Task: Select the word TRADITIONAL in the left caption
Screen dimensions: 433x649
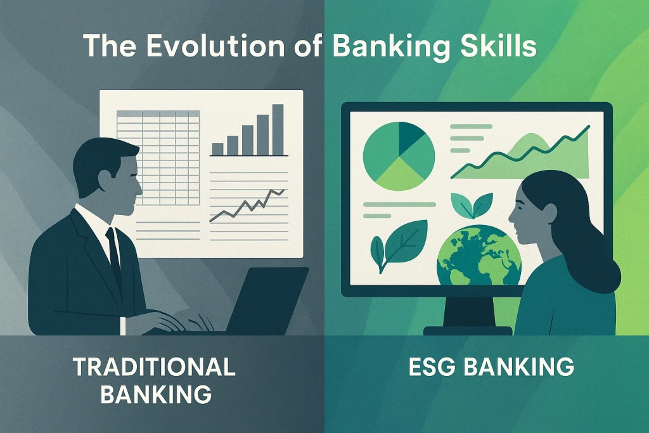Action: click(x=155, y=367)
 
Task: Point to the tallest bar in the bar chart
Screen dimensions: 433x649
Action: click(x=278, y=129)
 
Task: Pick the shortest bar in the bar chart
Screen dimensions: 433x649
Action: click(x=217, y=149)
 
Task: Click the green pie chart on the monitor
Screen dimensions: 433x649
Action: click(x=398, y=156)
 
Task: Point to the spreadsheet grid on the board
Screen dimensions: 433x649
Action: click(x=158, y=156)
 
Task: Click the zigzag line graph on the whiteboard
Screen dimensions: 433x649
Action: click(x=247, y=205)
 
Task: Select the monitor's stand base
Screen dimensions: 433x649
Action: click(x=468, y=330)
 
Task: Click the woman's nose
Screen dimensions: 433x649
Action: click(x=511, y=216)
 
